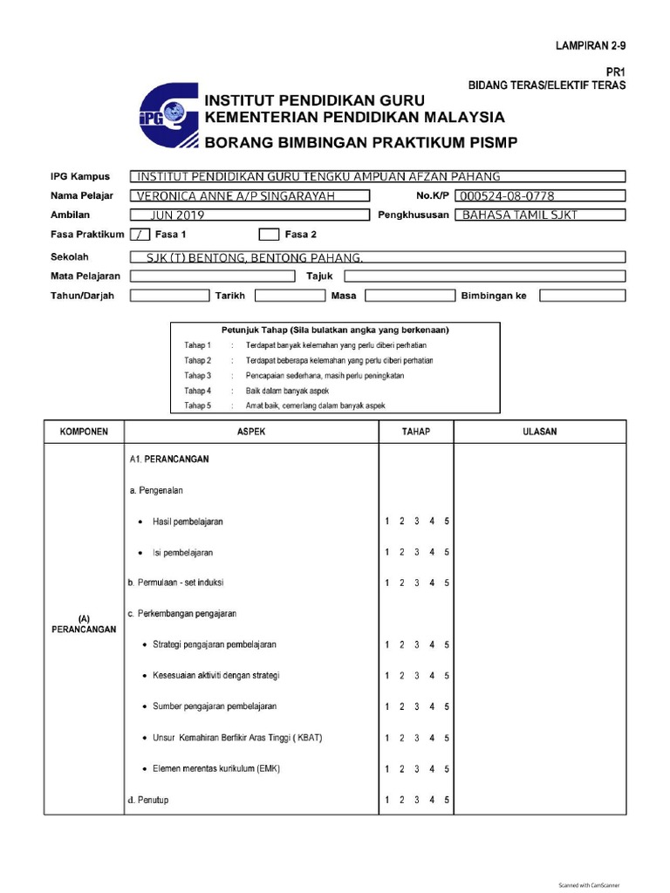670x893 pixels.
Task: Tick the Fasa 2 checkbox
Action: click(x=269, y=234)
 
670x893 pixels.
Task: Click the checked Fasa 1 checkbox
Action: click(x=139, y=234)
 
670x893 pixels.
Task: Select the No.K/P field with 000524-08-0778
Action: click(x=540, y=195)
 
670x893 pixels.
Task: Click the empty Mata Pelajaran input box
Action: click(x=212, y=276)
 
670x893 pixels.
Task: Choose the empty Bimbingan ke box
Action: click(x=582, y=296)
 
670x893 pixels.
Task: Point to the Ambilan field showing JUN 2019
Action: click(x=248, y=215)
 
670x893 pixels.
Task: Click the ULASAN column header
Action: click(x=540, y=432)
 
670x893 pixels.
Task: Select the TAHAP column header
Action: click(x=415, y=432)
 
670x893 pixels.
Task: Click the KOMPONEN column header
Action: click(x=84, y=432)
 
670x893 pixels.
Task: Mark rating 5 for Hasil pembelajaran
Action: click(x=447, y=521)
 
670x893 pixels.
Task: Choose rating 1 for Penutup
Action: click(x=387, y=800)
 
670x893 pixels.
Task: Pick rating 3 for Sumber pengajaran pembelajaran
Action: click(x=417, y=706)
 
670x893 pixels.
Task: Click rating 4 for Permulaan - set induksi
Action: click(x=432, y=583)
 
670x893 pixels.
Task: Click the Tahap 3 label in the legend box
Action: click(x=197, y=375)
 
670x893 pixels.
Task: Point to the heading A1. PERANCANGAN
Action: click(x=168, y=458)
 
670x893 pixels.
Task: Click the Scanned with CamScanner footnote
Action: click(x=589, y=884)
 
